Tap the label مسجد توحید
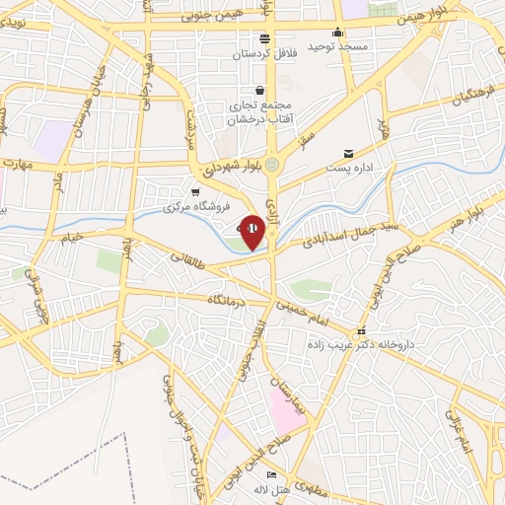[336, 46]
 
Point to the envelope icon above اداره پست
[348, 153]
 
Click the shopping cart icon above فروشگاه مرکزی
[195, 192]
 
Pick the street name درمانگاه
[223, 299]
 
